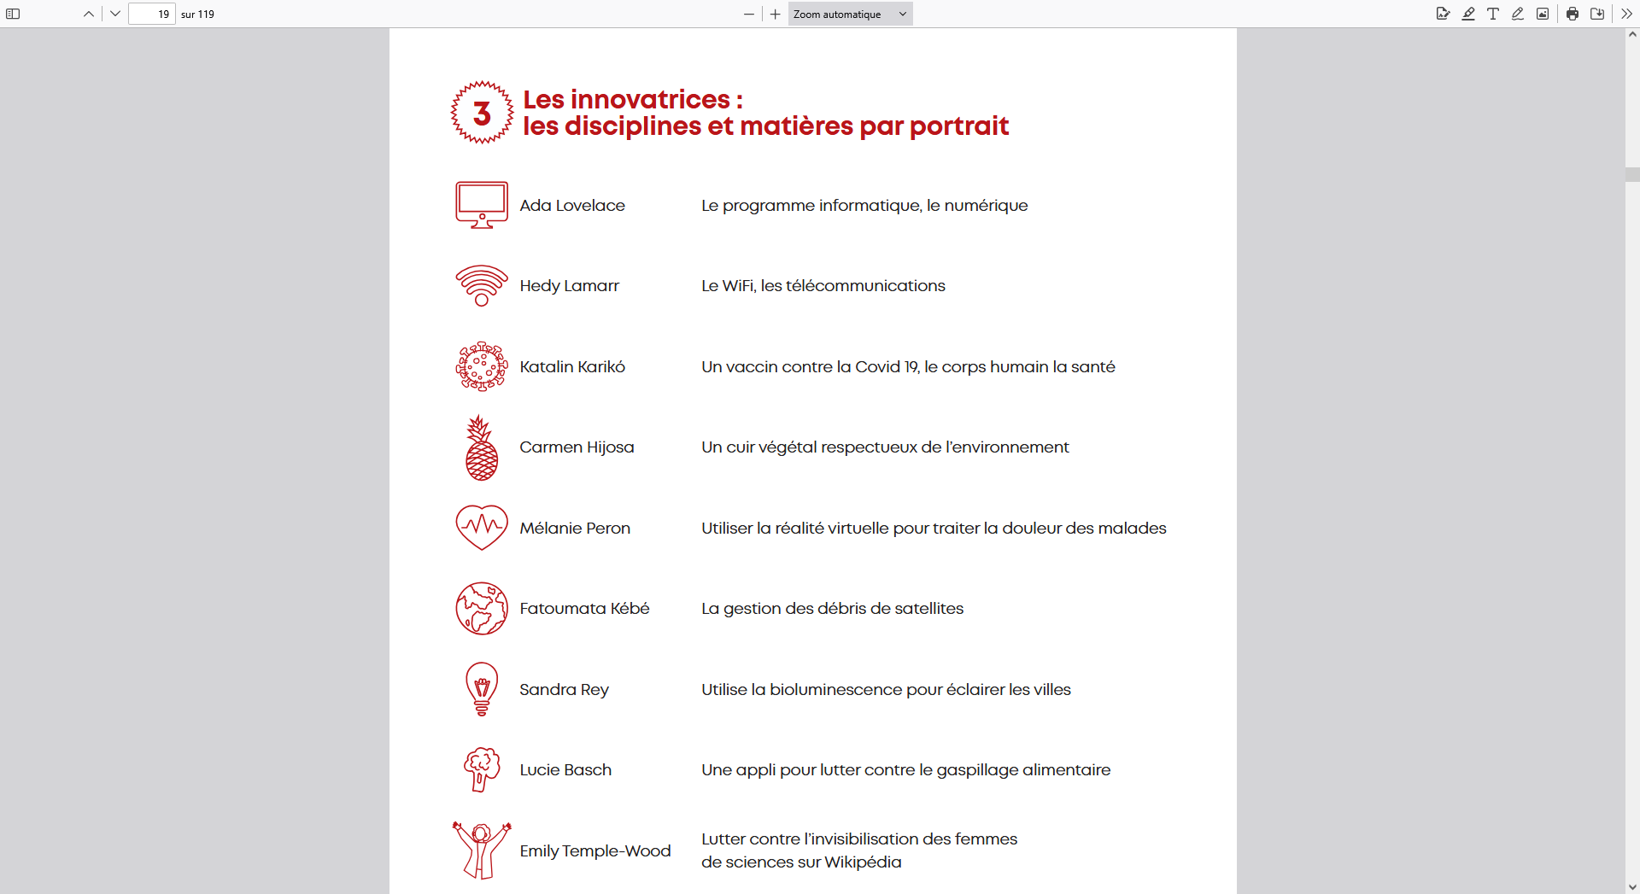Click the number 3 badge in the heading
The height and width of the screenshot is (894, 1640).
click(482, 113)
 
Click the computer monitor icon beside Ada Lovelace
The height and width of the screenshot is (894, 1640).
click(482, 204)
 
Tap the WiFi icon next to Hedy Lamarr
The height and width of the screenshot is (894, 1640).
click(482, 285)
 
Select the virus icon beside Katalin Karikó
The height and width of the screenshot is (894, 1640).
click(482, 366)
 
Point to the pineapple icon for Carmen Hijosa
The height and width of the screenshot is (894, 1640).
click(482, 447)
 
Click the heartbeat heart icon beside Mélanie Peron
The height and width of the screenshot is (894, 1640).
click(482, 527)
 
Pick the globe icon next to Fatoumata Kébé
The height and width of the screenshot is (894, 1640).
click(482, 608)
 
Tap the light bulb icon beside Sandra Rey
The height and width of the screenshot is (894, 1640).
click(482, 688)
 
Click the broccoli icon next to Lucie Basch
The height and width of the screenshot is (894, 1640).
click(482, 768)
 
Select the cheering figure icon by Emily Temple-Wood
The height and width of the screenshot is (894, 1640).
click(482, 850)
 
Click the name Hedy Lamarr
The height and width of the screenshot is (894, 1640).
click(569, 286)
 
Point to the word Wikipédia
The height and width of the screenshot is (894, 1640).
click(863, 862)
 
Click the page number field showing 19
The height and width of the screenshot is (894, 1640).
click(152, 14)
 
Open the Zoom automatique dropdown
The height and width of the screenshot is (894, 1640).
click(850, 14)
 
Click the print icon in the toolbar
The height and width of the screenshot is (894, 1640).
click(1572, 14)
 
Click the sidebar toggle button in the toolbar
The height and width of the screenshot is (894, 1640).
click(13, 14)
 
